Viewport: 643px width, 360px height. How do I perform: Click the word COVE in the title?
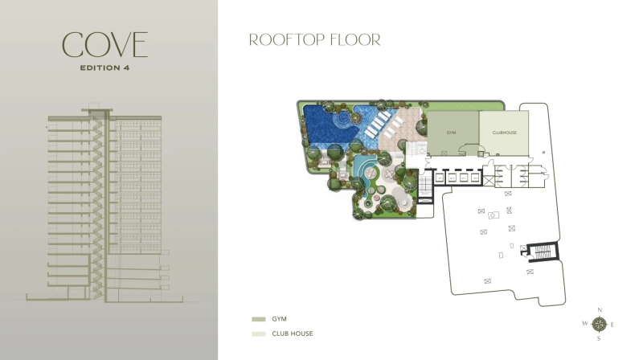[x=105, y=45]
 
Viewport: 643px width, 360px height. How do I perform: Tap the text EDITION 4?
[x=105, y=67]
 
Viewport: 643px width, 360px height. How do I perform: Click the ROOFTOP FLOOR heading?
[x=314, y=39]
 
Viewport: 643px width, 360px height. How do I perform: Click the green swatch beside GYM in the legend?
[x=257, y=319]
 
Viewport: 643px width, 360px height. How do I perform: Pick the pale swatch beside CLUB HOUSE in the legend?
[x=257, y=333]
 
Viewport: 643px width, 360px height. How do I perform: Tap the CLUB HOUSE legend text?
[x=293, y=333]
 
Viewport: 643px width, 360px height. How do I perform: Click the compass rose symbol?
[x=600, y=325]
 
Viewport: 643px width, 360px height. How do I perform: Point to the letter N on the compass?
[x=600, y=310]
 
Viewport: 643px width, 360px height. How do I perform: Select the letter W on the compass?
[x=585, y=325]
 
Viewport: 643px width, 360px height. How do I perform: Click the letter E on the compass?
[x=613, y=325]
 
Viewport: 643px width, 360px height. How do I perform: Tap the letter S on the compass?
[x=600, y=338]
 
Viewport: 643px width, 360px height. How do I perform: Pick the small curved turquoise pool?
[x=367, y=173]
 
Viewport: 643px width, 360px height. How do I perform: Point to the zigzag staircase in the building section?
[x=100, y=201]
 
